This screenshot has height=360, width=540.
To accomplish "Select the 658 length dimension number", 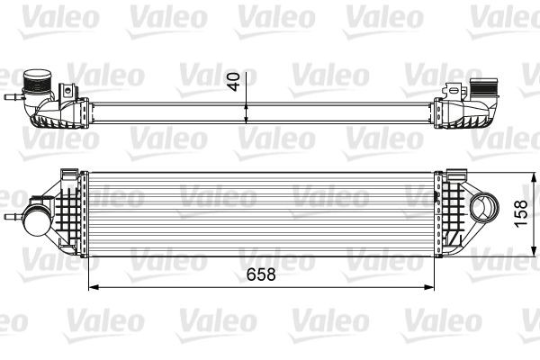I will [259, 273].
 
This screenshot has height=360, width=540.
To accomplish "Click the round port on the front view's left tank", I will [38, 219].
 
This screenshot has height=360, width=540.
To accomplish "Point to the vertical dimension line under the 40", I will [245, 106].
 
